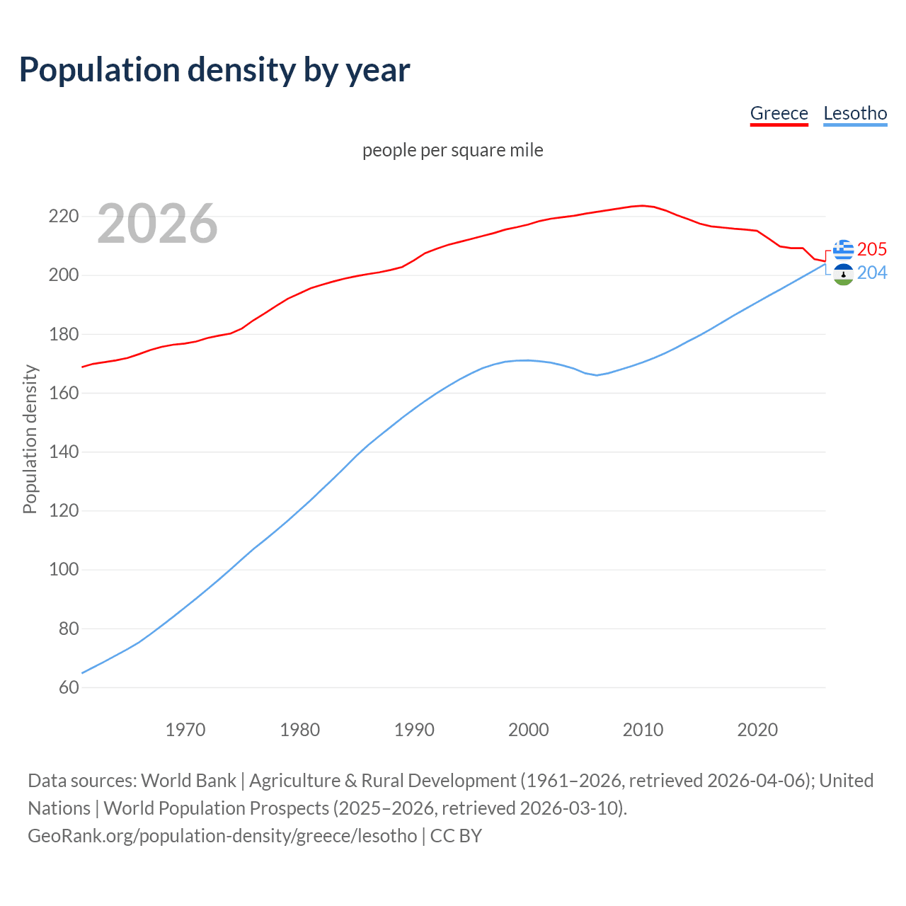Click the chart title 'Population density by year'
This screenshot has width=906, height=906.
pyautogui.click(x=214, y=69)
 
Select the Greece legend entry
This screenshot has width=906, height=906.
pyautogui.click(x=779, y=113)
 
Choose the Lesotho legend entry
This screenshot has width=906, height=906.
pyautogui.click(x=855, y=113)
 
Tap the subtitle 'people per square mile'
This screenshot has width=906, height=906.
pyautogui.click(x=453, y=150)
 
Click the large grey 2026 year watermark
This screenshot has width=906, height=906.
pyautogui.click(x=157, y=224)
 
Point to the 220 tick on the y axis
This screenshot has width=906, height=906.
pyautogui.click(x=64, y=216)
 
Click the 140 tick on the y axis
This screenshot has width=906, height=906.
pyautogui.click(x=64, y=452)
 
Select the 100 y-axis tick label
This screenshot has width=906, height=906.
pyautogui.click(x=64, y=570)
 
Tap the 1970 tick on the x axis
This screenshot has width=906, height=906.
pyautogui.click(x=185, y=730)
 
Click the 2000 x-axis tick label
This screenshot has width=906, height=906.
pyautogui.click(x=529, y=730)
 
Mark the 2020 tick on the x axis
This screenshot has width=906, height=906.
pyautogui.click(x=757, y=730)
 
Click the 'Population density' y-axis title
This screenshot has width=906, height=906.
pyautogui.click(x=30, y=439)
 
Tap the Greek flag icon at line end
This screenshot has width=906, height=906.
pyautogui.click(x=843, y=249)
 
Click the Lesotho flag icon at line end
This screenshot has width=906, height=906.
pyautogui.click(x=843, y=274)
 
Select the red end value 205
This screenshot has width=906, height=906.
pyautogui.click(x=872, y=249)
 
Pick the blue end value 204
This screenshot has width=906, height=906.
pyautogui.click(x=872, y=273)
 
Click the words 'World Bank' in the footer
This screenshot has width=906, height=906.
pyautogui.click(x=188, y=781)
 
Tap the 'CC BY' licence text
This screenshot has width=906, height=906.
pyautogui.click(x=456, y=836)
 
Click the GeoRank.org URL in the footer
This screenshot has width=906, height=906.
pyautogui.click(x=222, y=836)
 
